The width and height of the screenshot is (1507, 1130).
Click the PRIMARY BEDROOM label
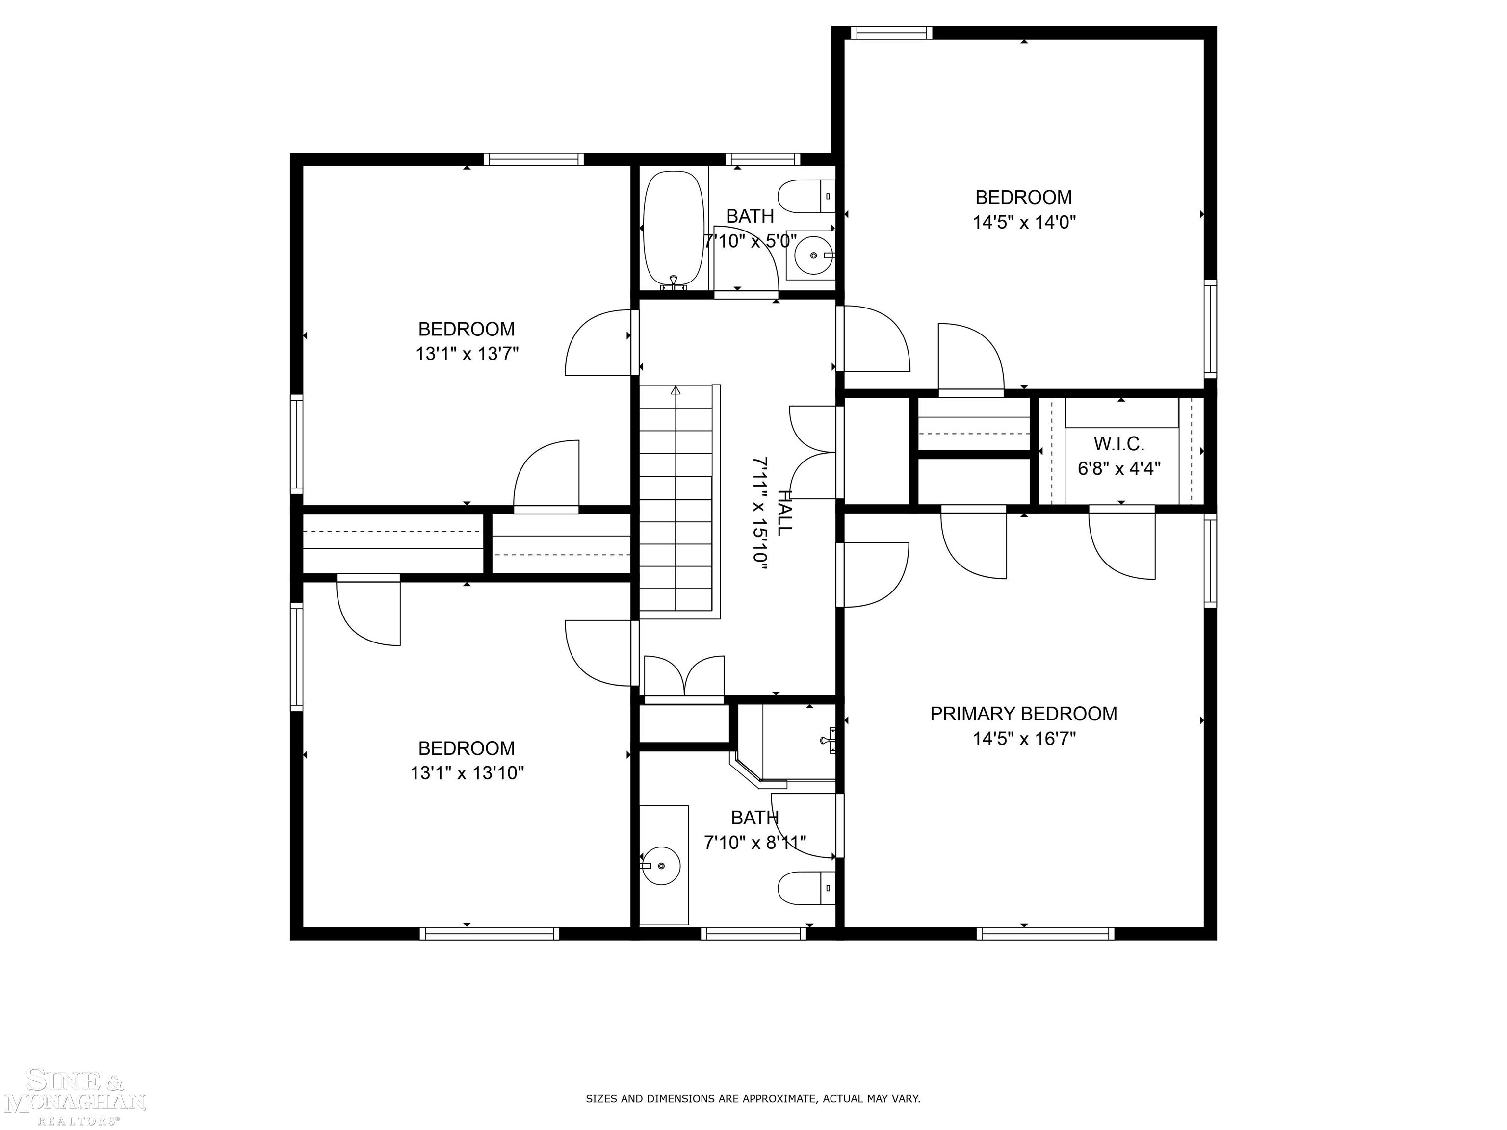[x=1023, y=714]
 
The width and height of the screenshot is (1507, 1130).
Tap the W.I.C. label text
[x=1118, y=444]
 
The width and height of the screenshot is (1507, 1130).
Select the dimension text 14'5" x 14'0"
[x=1023, y=223]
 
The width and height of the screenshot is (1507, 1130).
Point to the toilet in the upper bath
[x=806, y=196]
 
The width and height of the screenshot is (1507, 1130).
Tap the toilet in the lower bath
[x=806, y=888]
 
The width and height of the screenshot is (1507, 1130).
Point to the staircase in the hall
[x=676, y=501]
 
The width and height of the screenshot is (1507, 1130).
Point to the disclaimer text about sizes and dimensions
[x=753, y=1098]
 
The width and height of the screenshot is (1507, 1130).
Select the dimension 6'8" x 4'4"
[x=1118, y=468]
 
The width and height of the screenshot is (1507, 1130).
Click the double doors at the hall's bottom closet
[x=684, y=678]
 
